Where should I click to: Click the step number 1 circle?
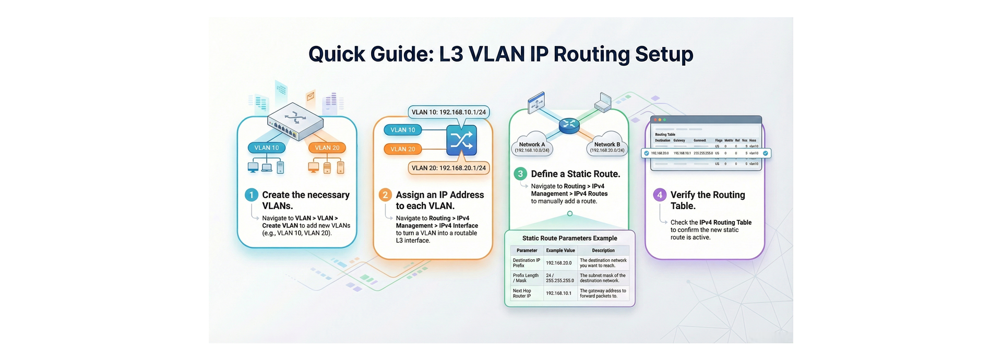[252, 195]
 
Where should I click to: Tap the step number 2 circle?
[385, 195]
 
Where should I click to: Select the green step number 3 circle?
[520, 174]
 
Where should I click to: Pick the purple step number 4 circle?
[660, 195]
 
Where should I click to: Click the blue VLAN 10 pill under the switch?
[267, 148]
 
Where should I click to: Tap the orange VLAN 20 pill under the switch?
[327, 148]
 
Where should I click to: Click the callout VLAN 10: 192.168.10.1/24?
[448, 112]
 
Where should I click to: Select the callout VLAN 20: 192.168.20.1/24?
[448, 168]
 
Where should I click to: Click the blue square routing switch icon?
[461, 140]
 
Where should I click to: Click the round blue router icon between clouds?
[569, 124]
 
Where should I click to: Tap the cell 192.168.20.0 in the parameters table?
[559, 263]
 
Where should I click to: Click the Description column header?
[603, 250]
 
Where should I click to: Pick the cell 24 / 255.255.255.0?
[559, 278]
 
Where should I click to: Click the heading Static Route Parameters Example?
[569, 238]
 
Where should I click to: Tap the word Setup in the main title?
[664, 54]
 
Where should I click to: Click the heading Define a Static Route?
[575, 174]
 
